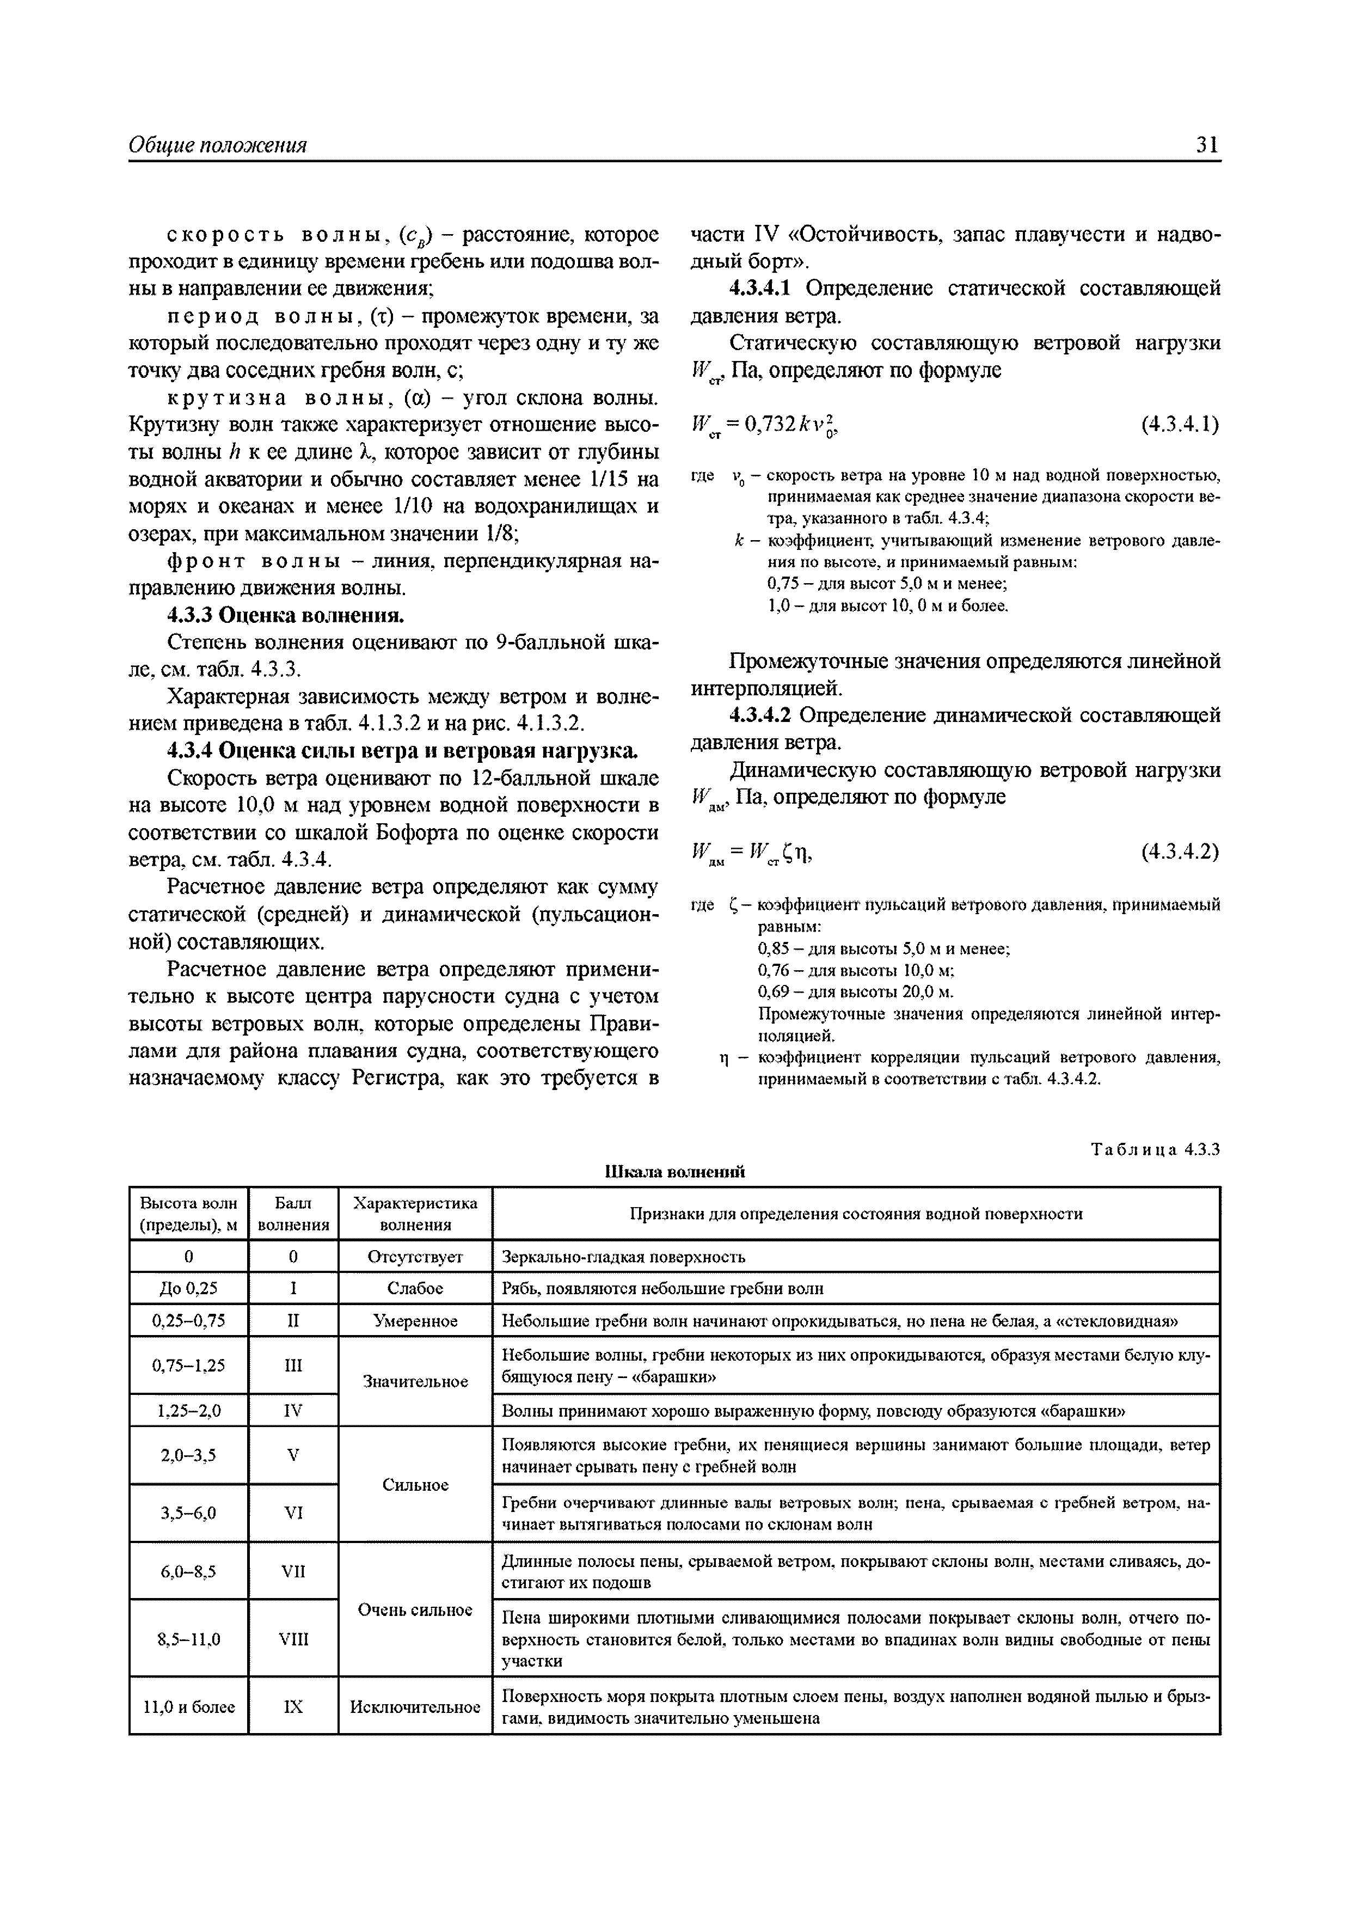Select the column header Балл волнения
coord(293,1214)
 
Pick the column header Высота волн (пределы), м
coord(188,1214)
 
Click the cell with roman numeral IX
coord(293,1707)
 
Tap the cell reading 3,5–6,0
coord(188,1513)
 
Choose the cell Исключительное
coord(415,1707)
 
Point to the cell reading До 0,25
coord(188,1289)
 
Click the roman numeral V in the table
coord(293,1455)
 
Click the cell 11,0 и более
coord(188,1707)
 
